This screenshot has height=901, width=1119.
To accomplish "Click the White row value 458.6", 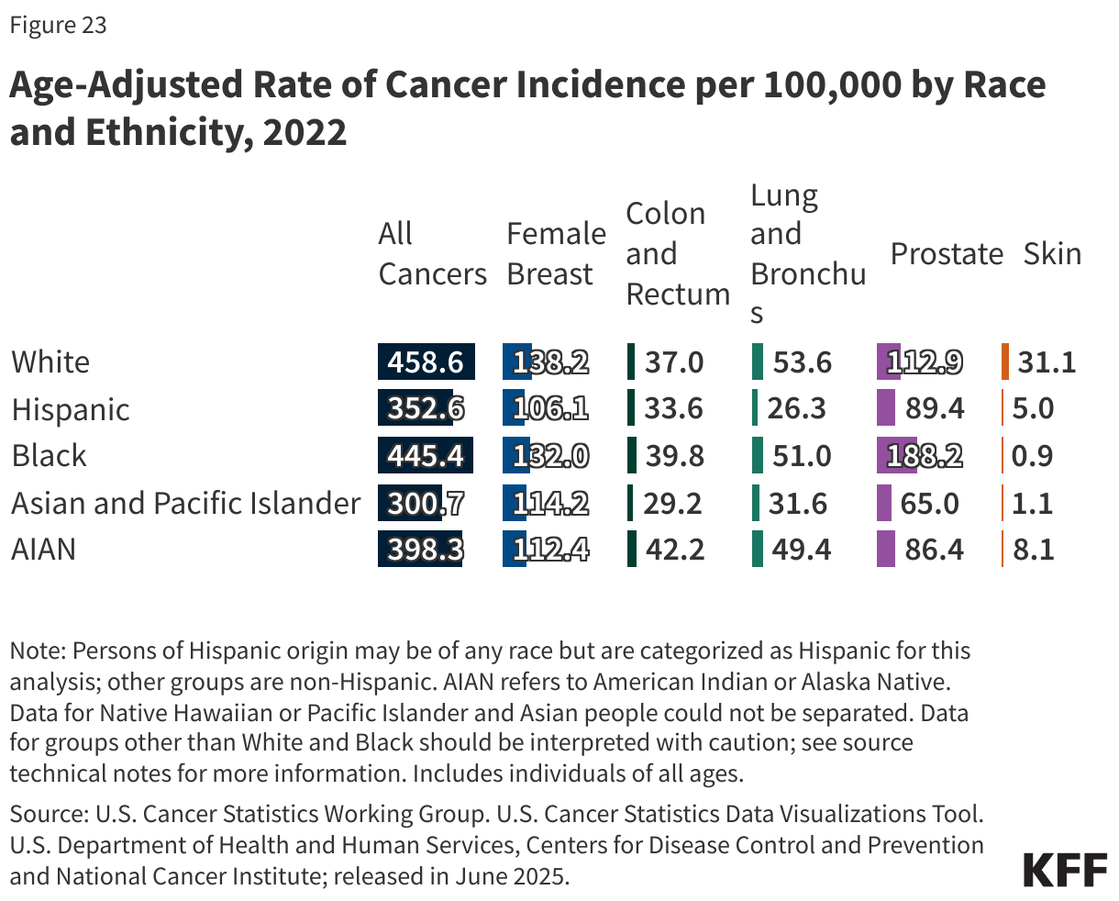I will click(x=425, y=362).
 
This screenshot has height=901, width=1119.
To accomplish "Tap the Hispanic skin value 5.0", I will click(x=1033, y=408).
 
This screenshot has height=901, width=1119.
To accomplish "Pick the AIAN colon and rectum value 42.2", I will click(x=674, y=550).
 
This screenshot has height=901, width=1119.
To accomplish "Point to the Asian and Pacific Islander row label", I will click(x=185, y=503).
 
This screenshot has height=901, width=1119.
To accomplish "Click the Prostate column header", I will click(x=946, y=254).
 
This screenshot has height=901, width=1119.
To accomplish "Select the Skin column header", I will click(x=1052, y=254).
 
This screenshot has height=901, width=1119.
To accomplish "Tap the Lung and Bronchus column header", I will click(x=807, y=254).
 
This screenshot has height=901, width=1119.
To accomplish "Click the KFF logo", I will click(x=1064, y=869).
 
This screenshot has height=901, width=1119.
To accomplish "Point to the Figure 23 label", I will click(x=58, y=25).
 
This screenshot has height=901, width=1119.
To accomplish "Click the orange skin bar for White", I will click(x=1005, y=362).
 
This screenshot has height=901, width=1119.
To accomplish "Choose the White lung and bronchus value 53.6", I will click(x=802, y=362).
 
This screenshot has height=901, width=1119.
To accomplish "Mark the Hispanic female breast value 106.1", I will click(x=549, y=408).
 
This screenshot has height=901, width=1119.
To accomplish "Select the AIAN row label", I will click(x=43, y=550).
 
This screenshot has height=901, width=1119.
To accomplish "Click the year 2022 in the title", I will click(x=305, y=132).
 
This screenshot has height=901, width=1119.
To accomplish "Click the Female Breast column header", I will click(x=555, y=254).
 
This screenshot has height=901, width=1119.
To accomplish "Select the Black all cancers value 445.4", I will click(x=425, y=456).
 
